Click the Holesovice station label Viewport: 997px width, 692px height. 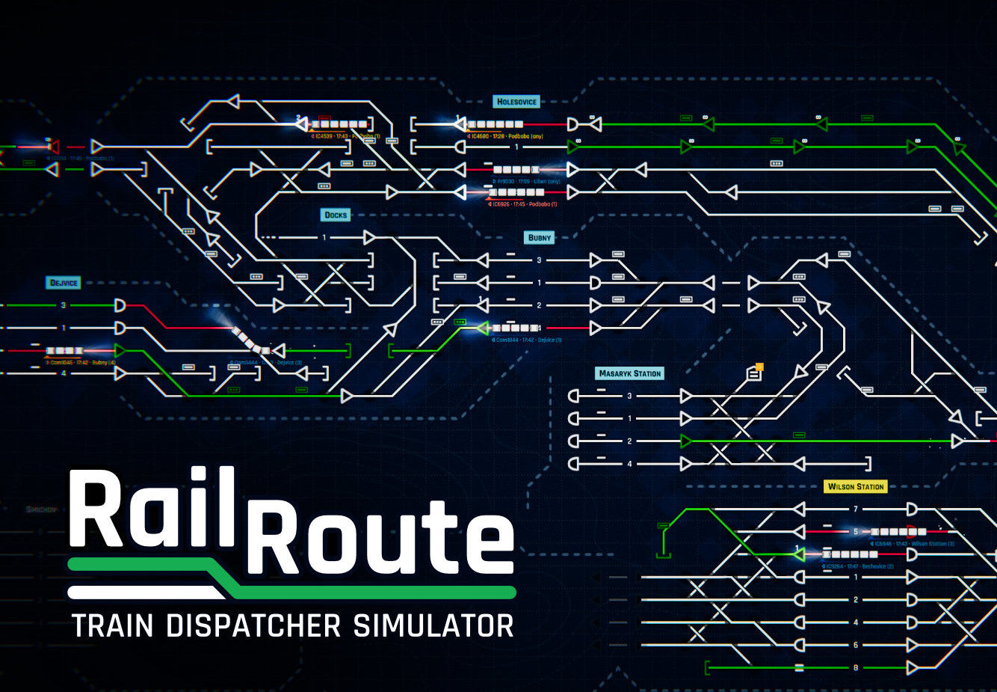click(517, 102)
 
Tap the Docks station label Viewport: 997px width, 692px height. click(336, 215)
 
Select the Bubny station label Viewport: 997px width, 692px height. click(540, 238)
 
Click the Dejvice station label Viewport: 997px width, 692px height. click(64, 283)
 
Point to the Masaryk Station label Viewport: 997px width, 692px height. click(630, 373)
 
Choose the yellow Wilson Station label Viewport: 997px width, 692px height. click(856, 486)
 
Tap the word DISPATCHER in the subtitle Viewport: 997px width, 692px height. click(256, 625)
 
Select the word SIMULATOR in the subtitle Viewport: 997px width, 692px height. click(433, 625)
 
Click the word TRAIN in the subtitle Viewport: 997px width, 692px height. click(113, 625)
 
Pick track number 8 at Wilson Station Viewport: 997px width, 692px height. click(856, 667)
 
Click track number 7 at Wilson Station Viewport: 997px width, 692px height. click(856, 509)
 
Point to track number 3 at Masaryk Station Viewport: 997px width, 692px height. click(629, 396)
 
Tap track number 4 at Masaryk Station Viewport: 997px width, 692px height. click(629, 464)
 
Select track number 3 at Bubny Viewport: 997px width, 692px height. click(539, 260)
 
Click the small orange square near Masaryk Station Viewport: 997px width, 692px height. click(759, 367)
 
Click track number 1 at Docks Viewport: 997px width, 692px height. click(324, 238)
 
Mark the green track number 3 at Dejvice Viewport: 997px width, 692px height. click(64, 305)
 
